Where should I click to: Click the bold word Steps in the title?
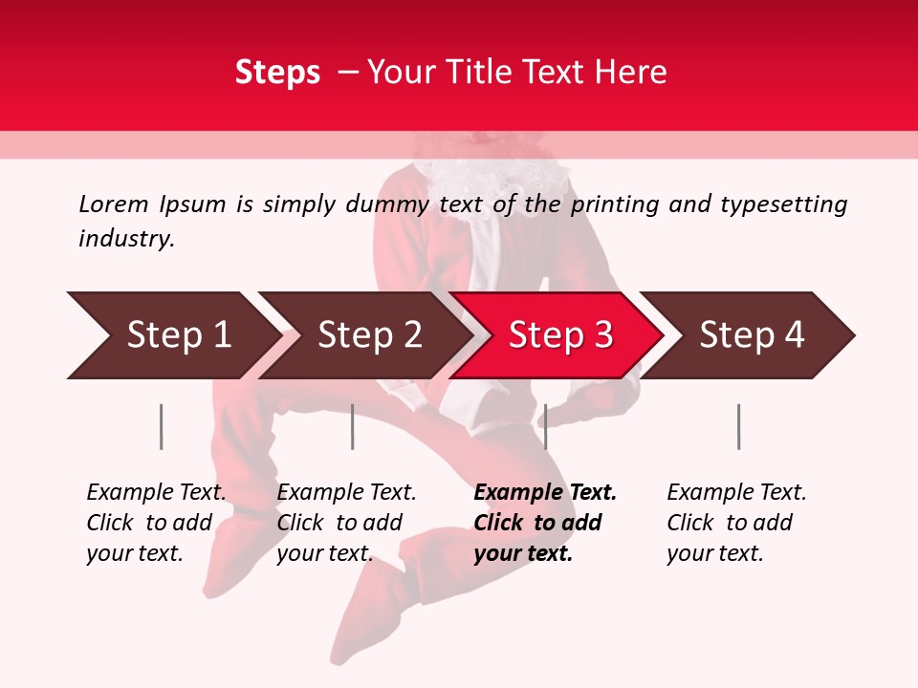(x=277, y=73)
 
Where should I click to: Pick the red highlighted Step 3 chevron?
(x=559, y=335)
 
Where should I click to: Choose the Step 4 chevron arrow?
(x=751, y=335)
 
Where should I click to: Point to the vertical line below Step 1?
(x=162, y=426)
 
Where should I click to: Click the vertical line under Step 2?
(x=353, y=426)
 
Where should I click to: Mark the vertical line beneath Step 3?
(x=545, y=426)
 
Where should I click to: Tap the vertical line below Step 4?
(x=738, y=426)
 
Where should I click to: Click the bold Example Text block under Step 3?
(x=544, y=523)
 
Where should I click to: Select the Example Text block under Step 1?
(x=155, y=523)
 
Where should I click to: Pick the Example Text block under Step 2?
(x=345, y=523)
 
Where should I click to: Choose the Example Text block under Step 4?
(x=735, y=523)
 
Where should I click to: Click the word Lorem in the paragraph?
(x=114, y=204)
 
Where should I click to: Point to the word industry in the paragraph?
(x=125, y=239)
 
